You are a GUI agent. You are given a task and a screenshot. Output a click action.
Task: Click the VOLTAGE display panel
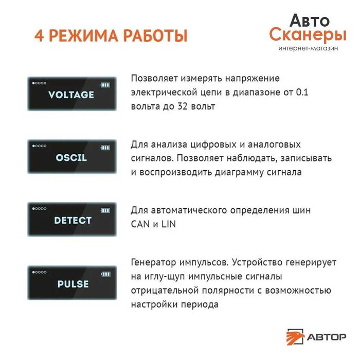tap(71, 94)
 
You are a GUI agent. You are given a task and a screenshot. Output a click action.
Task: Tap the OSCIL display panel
tap(71, 157)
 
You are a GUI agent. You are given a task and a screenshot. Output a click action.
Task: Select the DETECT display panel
tap(71, 220)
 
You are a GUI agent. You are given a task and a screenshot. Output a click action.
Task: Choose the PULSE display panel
tap(71, 283)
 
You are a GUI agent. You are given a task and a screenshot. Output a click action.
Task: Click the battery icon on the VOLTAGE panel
tap(105, 84)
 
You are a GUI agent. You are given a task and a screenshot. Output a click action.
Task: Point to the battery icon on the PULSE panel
tap(105, 273)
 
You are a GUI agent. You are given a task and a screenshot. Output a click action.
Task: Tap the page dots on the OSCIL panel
tap(39, 147)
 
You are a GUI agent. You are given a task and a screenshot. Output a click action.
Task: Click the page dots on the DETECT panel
tap(39, 209)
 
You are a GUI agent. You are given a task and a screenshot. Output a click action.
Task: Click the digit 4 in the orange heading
tap(39, 37)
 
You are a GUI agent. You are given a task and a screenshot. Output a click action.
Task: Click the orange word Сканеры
tap(308, 35)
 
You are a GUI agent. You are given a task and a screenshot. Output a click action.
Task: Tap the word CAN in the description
tap(141, 225)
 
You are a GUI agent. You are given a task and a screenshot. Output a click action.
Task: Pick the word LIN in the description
tap(168, 225)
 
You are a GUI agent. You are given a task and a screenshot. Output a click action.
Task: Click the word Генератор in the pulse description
tap(152, 262)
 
